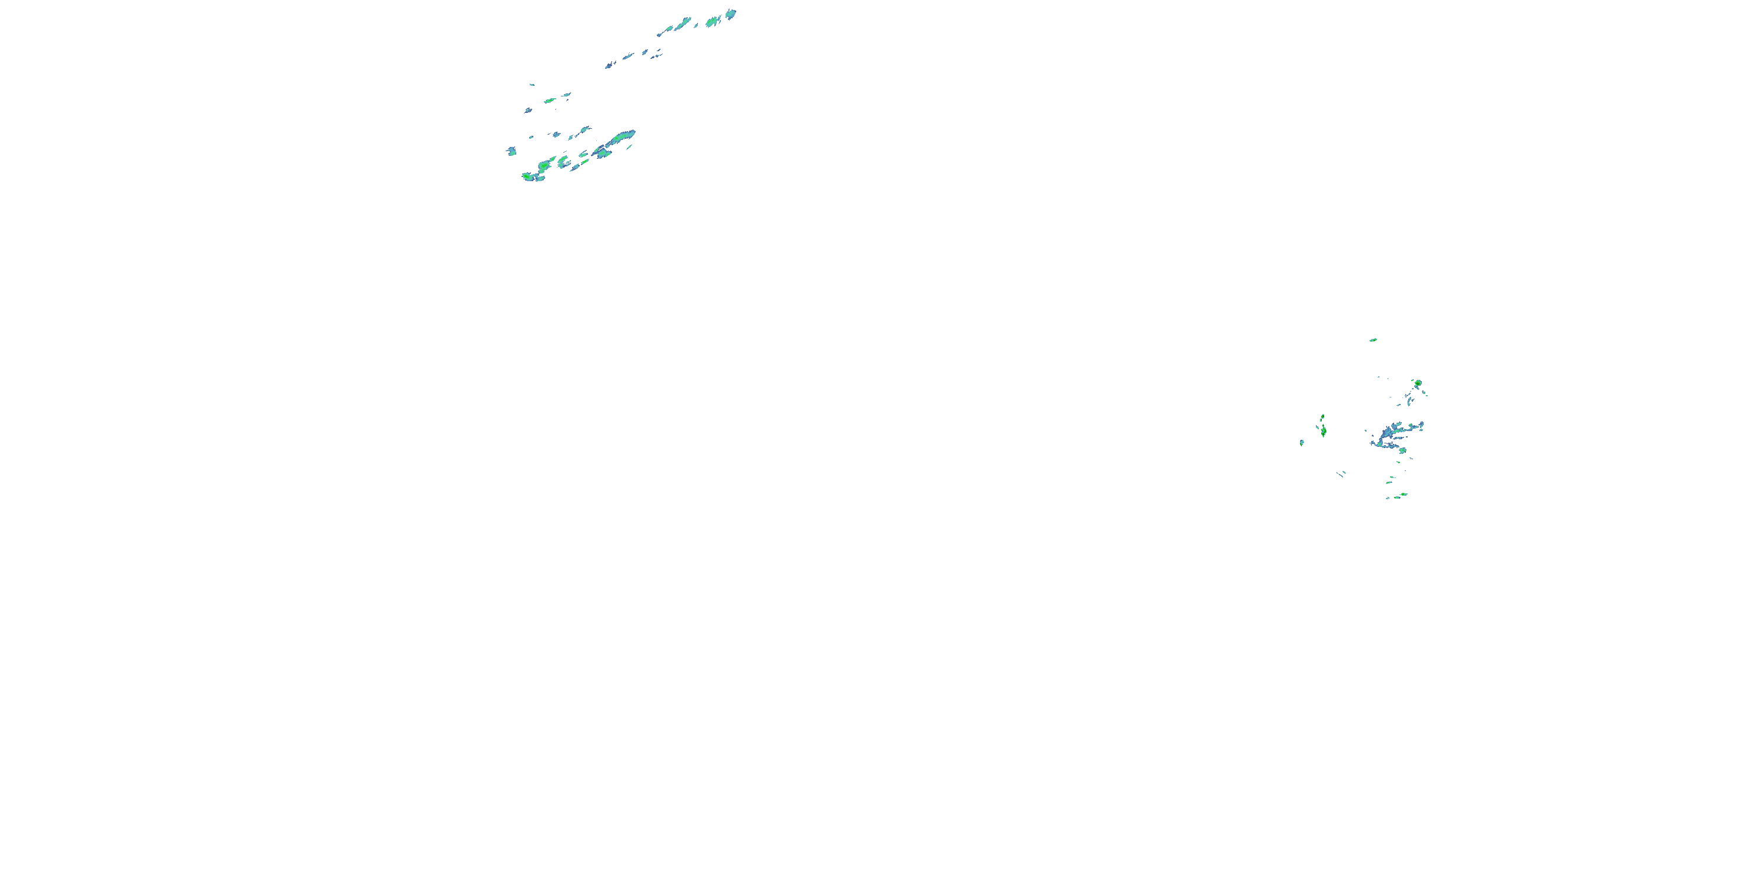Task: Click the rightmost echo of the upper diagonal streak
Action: point(731,14)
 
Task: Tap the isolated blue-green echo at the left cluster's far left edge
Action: point(512,151)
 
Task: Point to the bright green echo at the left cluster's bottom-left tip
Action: point(528,176)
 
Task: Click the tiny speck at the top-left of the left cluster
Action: point(532,85)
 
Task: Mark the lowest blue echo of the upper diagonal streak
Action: point(608,65)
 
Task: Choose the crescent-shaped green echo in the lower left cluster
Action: point(562,162)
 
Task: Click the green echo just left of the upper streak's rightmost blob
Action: point(712,22)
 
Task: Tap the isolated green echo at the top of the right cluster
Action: point(1373,340)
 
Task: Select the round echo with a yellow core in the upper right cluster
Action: point(1418,383)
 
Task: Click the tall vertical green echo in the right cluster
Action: point(1324,431)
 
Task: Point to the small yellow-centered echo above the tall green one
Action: point(1322,417)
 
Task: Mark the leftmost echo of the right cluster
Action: point(1302,442)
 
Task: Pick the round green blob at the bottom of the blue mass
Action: point(1402,450)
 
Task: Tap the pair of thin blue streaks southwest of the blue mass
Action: point(1341,473)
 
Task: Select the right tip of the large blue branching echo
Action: point(1422,425)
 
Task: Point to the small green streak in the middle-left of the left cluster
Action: point(550,101)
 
